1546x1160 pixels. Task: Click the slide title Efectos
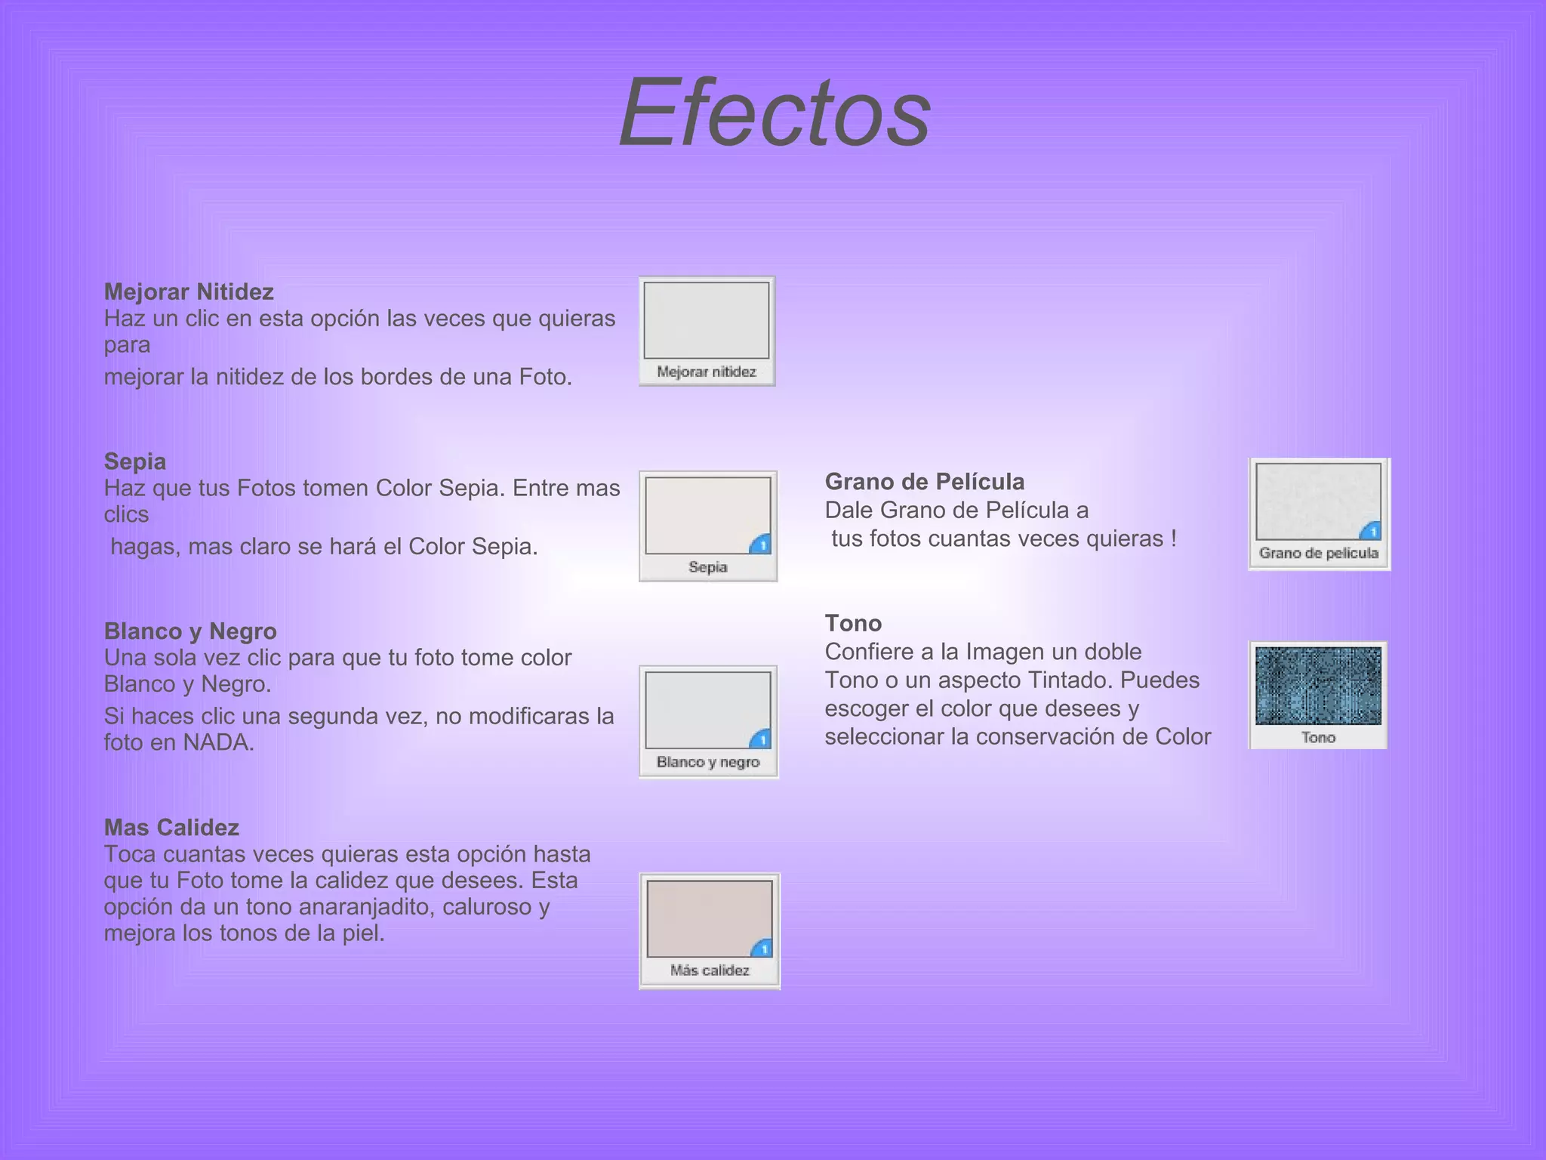pyautogui.click(x=775, y=113)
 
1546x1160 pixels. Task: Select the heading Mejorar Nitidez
pyautogui.click(x=189, y=292)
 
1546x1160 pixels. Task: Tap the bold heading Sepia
pyautogui.click(x=135, y=461)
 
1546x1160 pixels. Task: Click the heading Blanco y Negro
pyautogui.click(x=190, y=631)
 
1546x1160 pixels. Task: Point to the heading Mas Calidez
pyautogui.click(x=171, y=827)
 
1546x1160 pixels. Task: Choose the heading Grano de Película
pyautogui.click(x=924, y=482)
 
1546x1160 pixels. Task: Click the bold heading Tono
pyautogui.click(x=853, y=623)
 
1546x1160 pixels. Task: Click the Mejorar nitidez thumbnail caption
pyautogui.click(x=707, y=372)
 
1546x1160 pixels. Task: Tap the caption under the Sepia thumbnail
pyautogui.click(x=708, y=567)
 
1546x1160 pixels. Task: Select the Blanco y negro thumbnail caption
pyautogui.click(x=708, y=762)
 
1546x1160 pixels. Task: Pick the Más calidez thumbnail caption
pyautogui.click(x=710, y=970)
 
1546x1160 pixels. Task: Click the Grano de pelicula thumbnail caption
pyautogui.click(x=1319, y=553)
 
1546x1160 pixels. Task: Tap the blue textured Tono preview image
pyautogui.click(x=1318, y=685)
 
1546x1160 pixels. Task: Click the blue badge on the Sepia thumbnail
pyautogui.click(x=761, y=545)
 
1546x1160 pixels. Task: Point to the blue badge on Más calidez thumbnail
pyautogui.click(x=762, y=948)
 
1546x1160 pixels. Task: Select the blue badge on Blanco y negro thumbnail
pyautogui.click(x=761, y=739)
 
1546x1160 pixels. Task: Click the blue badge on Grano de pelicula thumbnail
pyautogui.click(x=1372, y=531)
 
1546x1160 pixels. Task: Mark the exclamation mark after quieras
pyautogui.click(x=1173, y=538)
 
